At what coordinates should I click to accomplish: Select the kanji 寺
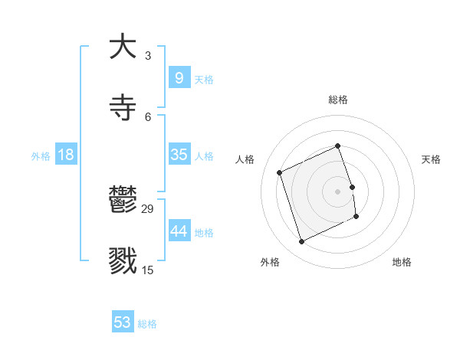[x=123, y=108]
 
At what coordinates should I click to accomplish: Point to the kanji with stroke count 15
[x=123, y=261]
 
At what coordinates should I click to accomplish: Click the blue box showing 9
[x=179, y=77]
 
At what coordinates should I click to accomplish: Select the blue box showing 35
[x=179, y=155]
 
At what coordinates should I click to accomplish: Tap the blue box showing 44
[x=179, y=231]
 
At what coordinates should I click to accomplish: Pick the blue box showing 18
[x=66, y=155]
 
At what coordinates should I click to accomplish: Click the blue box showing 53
[x=123, y=322]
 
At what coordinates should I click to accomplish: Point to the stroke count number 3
[x=148, y=56]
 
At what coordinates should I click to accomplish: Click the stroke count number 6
[x=148, y=117]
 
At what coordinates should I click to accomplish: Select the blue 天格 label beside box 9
[x=204, y=79]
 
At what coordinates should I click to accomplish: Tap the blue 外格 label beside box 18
[x=41, y=156]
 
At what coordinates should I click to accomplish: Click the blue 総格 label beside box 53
[x=147, y=324]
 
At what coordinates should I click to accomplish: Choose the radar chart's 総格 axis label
[x=338, y=100]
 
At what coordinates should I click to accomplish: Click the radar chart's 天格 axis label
[x=432, y=159]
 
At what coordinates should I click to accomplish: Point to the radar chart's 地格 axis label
[x=402, y=263]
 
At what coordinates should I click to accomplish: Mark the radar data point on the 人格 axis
[x=280, y=172]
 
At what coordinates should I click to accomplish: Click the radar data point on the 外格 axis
[x=302, y=242]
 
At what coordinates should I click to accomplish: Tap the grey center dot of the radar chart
[x=338, y=191]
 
